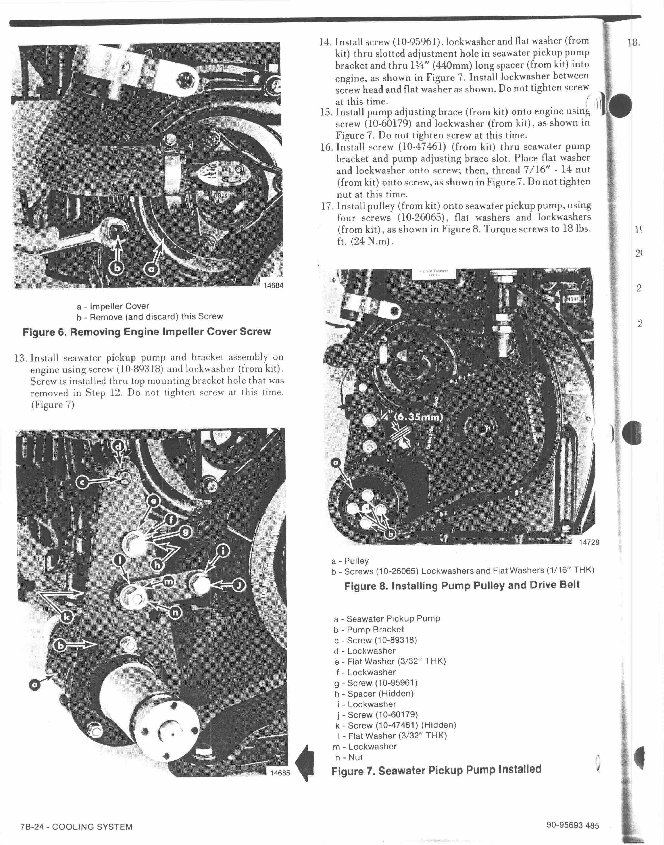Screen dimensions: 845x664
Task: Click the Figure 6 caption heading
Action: tap(147, 332)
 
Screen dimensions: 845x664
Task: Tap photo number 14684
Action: tap(273, 285)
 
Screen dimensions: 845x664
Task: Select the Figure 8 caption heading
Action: tap(461, 585)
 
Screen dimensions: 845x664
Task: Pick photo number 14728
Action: tap(589, 542)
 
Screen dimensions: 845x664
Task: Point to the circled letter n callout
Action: tap(175, 612)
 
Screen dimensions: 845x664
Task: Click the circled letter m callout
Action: tap(168, 582)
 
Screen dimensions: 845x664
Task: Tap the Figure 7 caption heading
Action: tap(436, 770)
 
